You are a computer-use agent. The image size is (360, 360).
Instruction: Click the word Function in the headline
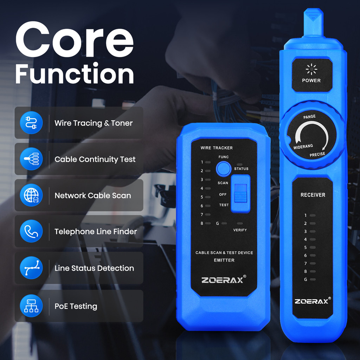point(75,74)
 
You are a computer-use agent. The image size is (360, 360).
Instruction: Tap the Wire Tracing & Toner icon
point(31,123)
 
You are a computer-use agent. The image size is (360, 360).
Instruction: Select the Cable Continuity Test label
point(95,159)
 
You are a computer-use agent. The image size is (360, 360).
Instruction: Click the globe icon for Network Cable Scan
point(31,195)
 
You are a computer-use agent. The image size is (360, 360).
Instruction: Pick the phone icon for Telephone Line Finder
point(31,232)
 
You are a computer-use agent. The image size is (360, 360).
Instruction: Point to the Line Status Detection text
point(94,268)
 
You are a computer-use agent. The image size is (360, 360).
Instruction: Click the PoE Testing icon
point(31,306)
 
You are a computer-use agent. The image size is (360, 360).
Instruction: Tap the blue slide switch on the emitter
point(240,193)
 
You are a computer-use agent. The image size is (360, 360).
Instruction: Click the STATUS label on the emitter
point(241,169)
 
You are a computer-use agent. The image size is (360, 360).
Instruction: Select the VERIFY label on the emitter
point(240,230)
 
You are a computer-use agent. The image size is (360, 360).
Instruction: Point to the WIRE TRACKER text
point(217,148)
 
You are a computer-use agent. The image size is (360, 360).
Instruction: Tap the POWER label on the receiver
point(311,81)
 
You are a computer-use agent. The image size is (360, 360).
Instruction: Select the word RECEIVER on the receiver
point(313,195)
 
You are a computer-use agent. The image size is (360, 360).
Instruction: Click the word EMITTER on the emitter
point(224,260)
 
